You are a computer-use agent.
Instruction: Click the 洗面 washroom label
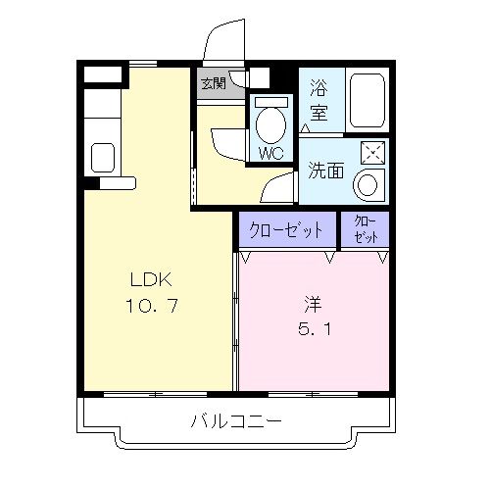pyautogui.click(x=322, y=170)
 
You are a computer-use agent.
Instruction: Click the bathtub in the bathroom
pyautogui.click(x=367, y=99)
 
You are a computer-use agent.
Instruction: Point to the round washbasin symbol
pyautogui.click(x=370, y=184)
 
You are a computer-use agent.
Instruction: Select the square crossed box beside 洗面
pyautogui.click(x=372, y=153)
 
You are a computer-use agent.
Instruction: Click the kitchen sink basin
pyautogui.click(x=102, y=156)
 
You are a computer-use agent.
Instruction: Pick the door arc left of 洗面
pyautogui.click(x=279, y=186)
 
